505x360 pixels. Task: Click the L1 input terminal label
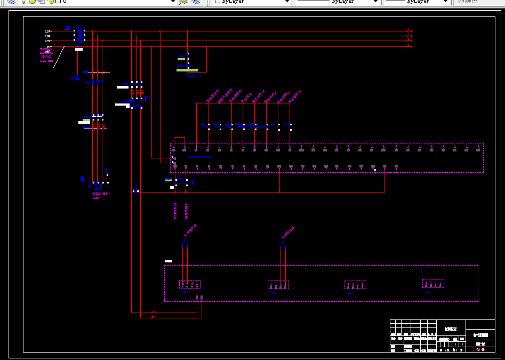tap(47, 32)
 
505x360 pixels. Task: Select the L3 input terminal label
tap(47, 41)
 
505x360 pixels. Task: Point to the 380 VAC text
tap(46, 57)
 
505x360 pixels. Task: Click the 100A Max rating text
tap(46, 61)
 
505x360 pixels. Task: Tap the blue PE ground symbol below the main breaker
tap(77, 78)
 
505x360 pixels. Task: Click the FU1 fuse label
tap(87, 83)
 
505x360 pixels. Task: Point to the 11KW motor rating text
tap(96, 198)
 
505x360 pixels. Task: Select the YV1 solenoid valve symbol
tap(186, 182)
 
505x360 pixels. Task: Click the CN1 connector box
tap(189, 285)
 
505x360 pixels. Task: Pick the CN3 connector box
tap(355, 285)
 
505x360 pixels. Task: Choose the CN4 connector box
tap(433, 283)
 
